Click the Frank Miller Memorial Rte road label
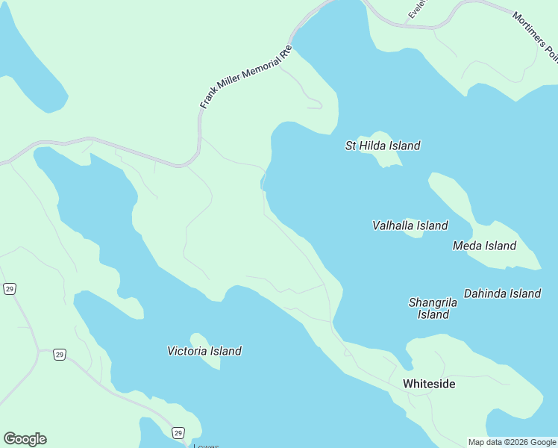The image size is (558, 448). [245, 78]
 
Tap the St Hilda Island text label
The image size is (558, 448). [383, 146]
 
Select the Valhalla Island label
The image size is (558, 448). [410, 225]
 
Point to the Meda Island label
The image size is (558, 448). [484, 246]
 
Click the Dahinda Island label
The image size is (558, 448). [502, 293]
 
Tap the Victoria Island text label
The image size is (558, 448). [204, 351]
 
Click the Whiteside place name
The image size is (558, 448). [429, 384]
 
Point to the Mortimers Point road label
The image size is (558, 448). [535, 35]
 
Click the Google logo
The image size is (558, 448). [25, 439]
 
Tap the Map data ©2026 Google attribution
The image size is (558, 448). [512, 442]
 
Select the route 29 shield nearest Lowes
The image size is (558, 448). [178, 433]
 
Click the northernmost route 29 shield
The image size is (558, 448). [9, 289]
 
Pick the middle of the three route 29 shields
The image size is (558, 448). [59, 355]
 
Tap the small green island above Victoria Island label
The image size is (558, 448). [199, 340]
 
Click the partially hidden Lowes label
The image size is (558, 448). [206, 446]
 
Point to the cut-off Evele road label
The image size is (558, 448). [416, 10]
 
